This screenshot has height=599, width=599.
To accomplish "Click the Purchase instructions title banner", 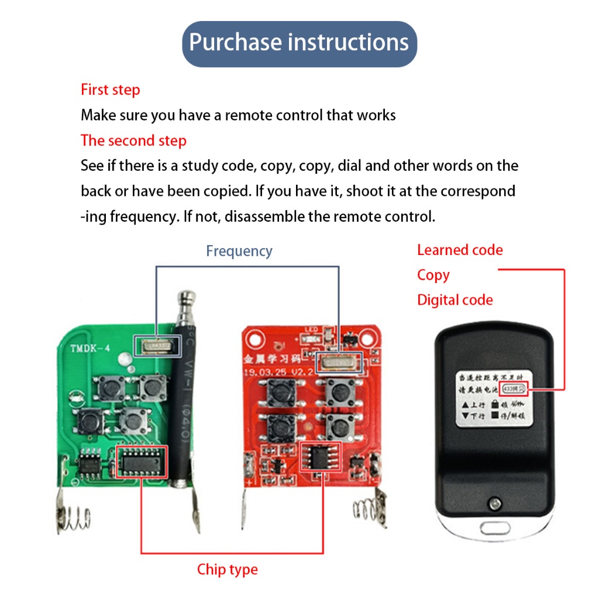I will pos(299,43).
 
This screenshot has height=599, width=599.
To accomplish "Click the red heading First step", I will pos(110,90).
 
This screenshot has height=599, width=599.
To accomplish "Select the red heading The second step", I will pos(133,141).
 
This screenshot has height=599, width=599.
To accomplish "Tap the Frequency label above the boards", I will pos(239,252).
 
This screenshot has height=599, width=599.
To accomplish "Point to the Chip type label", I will pos(227,569).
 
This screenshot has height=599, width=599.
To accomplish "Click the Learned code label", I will pos(460,250).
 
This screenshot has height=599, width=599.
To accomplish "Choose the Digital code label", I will pos(455,300).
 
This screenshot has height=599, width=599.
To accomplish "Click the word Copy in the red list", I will pos(433,275).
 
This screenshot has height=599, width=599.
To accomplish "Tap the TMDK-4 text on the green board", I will pos(91,349).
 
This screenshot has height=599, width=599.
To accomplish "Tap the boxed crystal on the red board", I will pos(338,363).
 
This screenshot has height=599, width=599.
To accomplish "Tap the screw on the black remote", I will pos(494,502).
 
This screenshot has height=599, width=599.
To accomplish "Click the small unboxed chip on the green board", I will pos(90,463).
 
